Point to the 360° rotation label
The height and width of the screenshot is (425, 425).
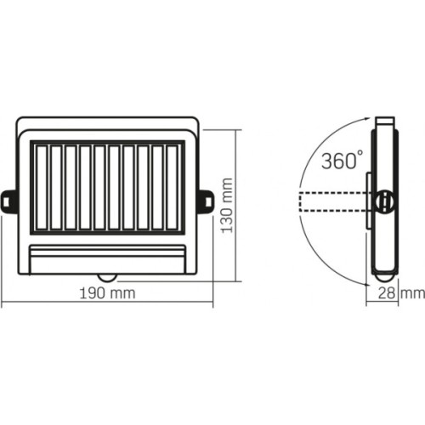click(x=343, y=159)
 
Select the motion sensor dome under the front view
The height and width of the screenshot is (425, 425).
click(x=108, y=276)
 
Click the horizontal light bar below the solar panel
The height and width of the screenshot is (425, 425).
click(x=108, y=255)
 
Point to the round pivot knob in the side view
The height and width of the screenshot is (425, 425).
click(x=383, y=201)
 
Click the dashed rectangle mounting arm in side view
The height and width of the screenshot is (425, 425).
click(x=331, y=201)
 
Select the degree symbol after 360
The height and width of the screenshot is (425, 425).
click(x=362, y=153)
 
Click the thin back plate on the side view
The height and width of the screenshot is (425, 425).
click(x=369, y=201)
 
